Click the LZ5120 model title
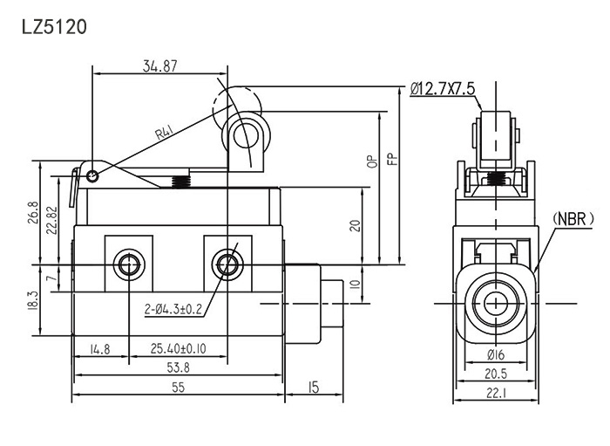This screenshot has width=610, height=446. tap(53, 26)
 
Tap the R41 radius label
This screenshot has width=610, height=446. tap(166, 132)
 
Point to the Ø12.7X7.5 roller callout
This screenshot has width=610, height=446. tap(442, 87)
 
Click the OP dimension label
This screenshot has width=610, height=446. tap(372, 160)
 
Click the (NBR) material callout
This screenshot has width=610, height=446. tap(572, 217)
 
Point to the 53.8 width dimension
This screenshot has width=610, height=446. tap(180, 367)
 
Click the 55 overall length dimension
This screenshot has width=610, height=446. tap(178, 388)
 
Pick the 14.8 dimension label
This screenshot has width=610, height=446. tap(99, 350)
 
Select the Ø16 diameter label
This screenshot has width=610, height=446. tap(498, 356)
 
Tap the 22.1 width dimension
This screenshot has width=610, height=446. tap(498, 395)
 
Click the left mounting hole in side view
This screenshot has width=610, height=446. tap(129, 264)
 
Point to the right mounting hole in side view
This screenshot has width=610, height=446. tap(228, 264)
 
